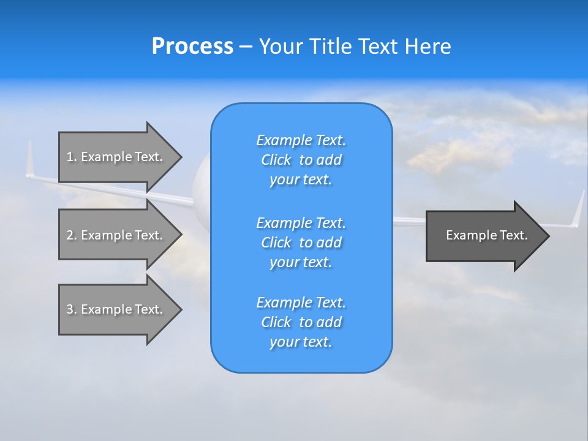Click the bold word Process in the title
pyautogui.click(x=192, y=47)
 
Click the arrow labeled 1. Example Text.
pyautogui.click(x=115, y=157)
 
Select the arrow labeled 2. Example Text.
pyautogui.click(x=115, y=235)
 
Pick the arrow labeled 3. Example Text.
pyautogui.click(x=115, y=309)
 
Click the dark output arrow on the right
pyautogui.click(x=484, y=235)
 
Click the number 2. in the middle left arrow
pyautogui.click(x=72, y=235)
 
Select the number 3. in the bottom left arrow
pyautogui.click(x=72, y=309)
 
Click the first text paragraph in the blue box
pyautogui.click(x=301, y=160)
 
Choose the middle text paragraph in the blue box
pyautogui.click(x=301, y=243)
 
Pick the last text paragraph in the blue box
pyautogui.click(x=301, y=322)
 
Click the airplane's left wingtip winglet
pyautogui.click(x=29, y=159)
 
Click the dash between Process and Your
pyautogui.click(x=246, y=47)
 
